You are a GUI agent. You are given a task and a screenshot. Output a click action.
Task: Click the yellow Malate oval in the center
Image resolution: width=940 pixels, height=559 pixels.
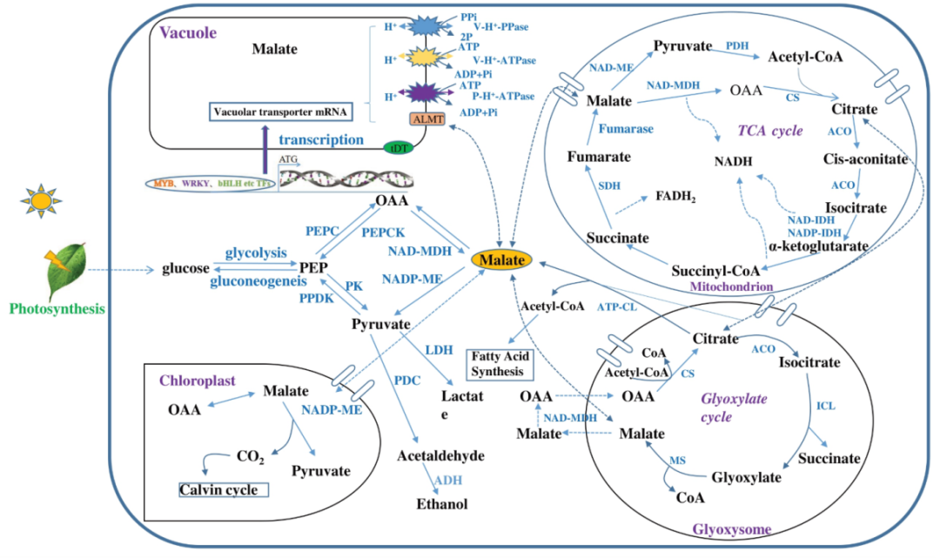503,259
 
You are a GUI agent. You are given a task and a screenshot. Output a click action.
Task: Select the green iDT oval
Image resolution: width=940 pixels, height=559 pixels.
398,147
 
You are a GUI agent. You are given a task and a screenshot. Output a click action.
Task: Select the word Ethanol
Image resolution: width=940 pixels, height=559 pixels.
441,503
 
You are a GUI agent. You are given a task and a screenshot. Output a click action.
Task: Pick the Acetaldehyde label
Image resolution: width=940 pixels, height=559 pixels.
440,455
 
